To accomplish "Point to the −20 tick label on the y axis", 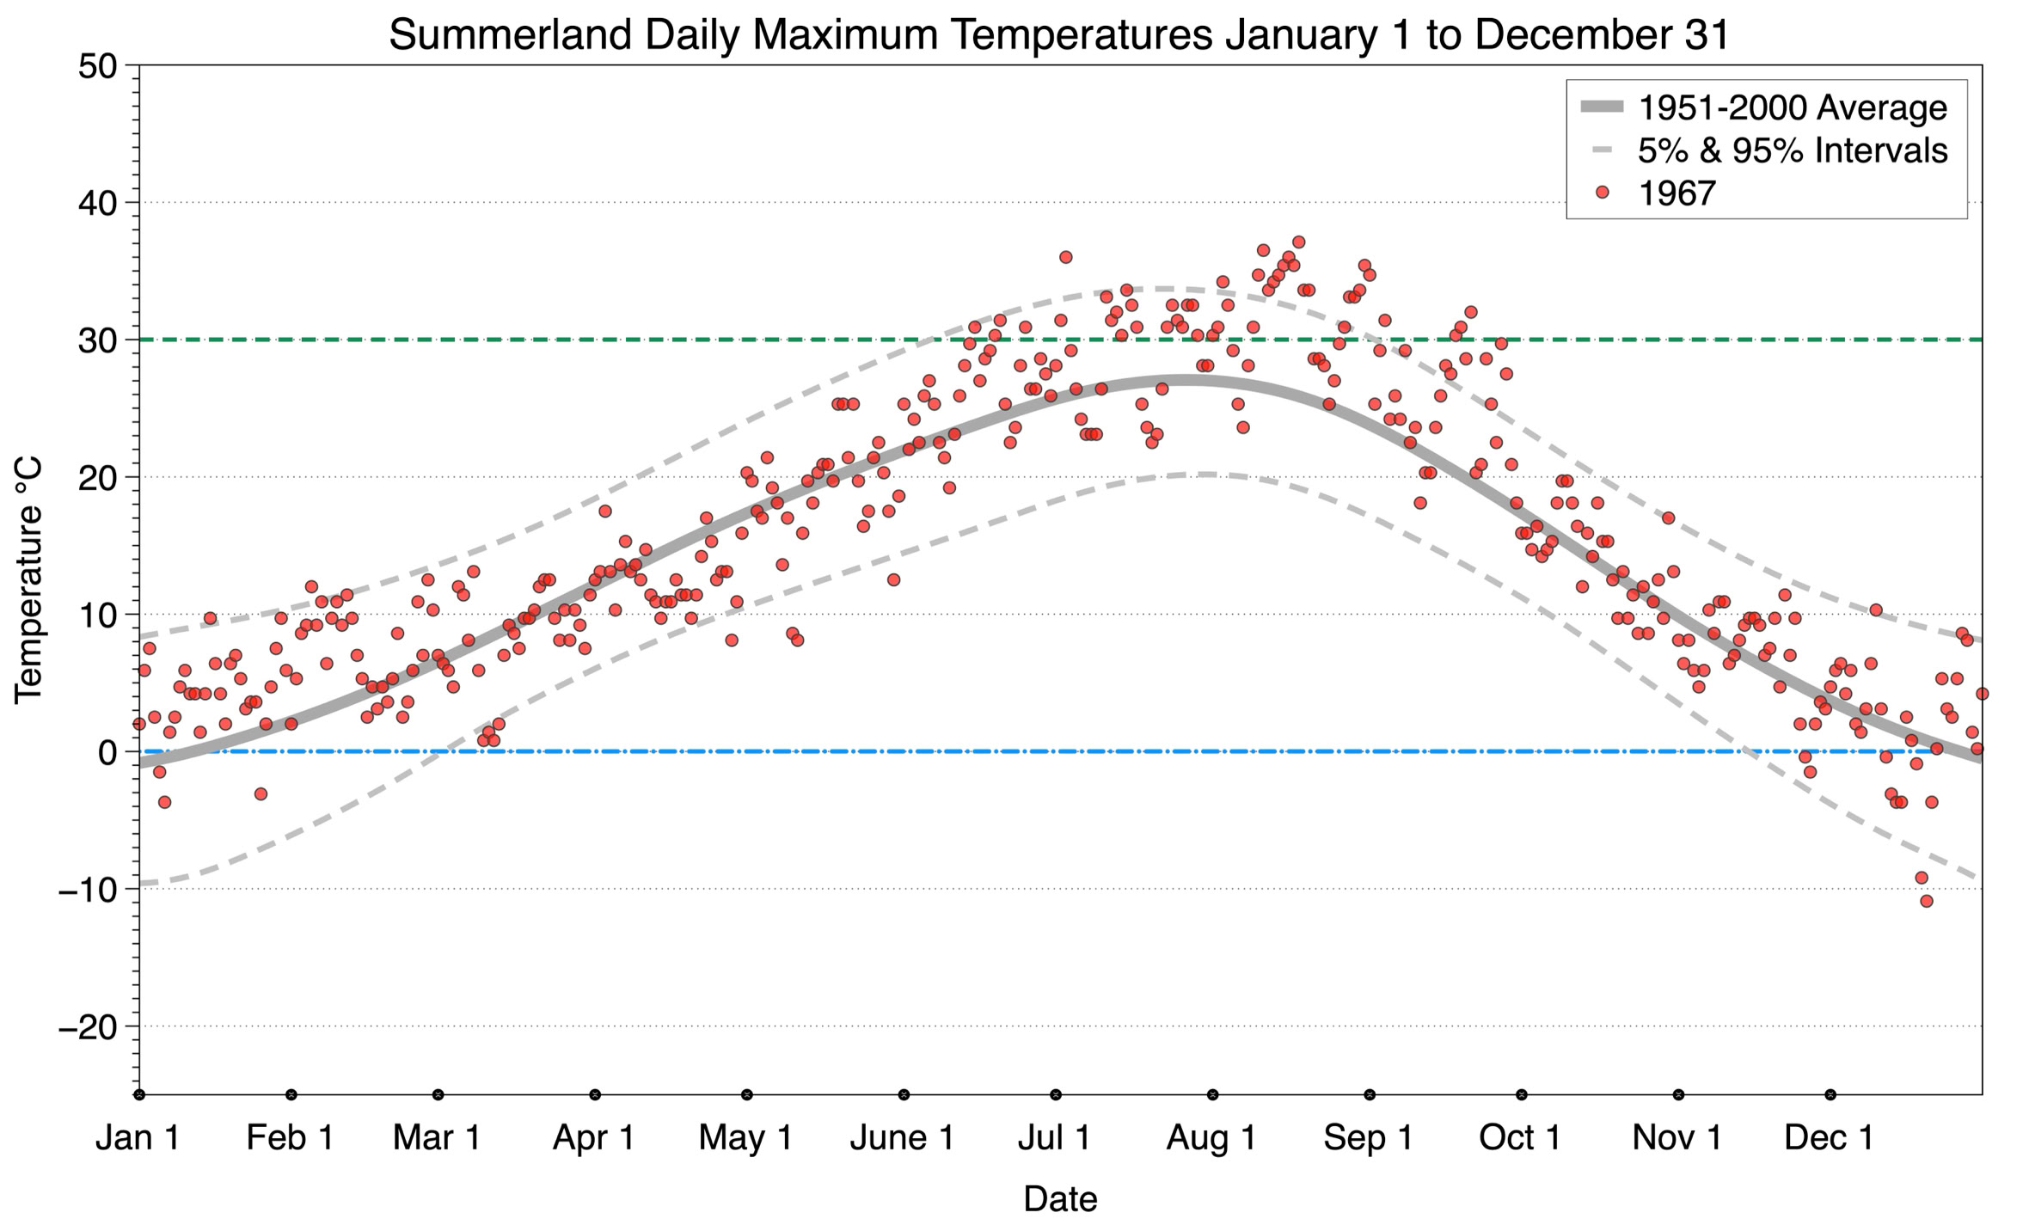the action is (88, 1026).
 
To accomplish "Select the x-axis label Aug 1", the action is (1211, 1138).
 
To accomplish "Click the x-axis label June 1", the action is (902, 1138).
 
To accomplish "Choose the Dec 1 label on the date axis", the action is (1830, 1138).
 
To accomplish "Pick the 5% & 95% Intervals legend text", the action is (1793, 150).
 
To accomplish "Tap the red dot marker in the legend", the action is (1602, 193).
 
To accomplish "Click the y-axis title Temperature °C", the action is (29, 580).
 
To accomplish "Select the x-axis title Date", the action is (1060, 1199).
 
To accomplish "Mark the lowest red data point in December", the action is (1927, 901).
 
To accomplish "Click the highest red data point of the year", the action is (1298, 242).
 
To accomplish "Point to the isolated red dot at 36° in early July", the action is (1066, 257).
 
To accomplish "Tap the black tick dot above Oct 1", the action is (1522, 1094).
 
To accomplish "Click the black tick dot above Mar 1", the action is (438, 1094).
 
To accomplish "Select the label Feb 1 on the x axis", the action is (291, 1138).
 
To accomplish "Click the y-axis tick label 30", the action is (97, 340).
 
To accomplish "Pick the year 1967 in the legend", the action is (1677, 193).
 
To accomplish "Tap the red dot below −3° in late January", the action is (261, 793).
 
